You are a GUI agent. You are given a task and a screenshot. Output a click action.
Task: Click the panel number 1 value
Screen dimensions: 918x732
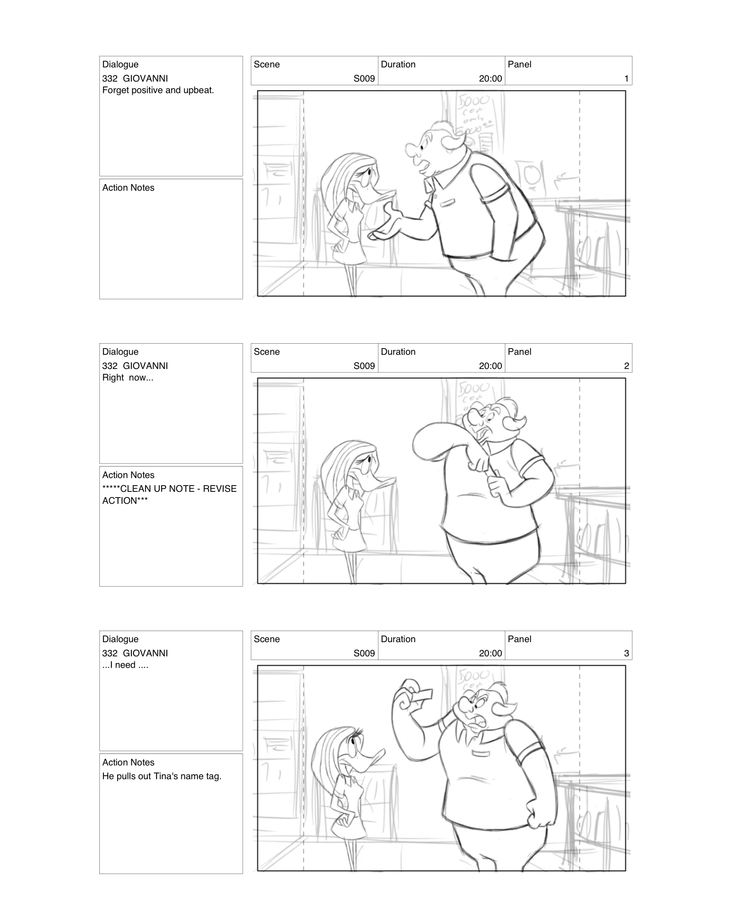coord(626,78)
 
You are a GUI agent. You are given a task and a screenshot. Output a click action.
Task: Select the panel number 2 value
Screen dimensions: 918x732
coord(626,366)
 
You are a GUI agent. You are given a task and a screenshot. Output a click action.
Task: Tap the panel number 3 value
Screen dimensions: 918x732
coord(626,653)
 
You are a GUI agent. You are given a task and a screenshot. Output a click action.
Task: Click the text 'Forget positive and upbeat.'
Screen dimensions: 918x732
coord(158,90)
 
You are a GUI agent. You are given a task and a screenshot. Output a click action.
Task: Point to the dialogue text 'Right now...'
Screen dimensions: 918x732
coord(128,378)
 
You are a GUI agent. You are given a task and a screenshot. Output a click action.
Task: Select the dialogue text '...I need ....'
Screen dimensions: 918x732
coord(125,665)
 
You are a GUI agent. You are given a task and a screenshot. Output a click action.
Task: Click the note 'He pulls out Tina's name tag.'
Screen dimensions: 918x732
coord(161,777)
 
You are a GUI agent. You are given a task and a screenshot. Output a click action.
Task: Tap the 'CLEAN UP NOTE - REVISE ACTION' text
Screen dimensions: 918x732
coord(169,494)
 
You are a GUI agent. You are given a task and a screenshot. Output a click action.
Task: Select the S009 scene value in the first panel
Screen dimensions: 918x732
coord(364,78)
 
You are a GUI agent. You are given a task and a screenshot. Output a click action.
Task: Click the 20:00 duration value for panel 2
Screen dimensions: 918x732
coord(490,366)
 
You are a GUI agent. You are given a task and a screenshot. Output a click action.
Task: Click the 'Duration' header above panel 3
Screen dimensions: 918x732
coord(398,639)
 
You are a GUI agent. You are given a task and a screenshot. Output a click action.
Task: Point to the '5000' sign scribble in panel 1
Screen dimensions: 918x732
coord(474,103)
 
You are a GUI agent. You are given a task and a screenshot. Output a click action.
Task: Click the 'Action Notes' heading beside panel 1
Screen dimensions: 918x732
coord(128,188)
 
